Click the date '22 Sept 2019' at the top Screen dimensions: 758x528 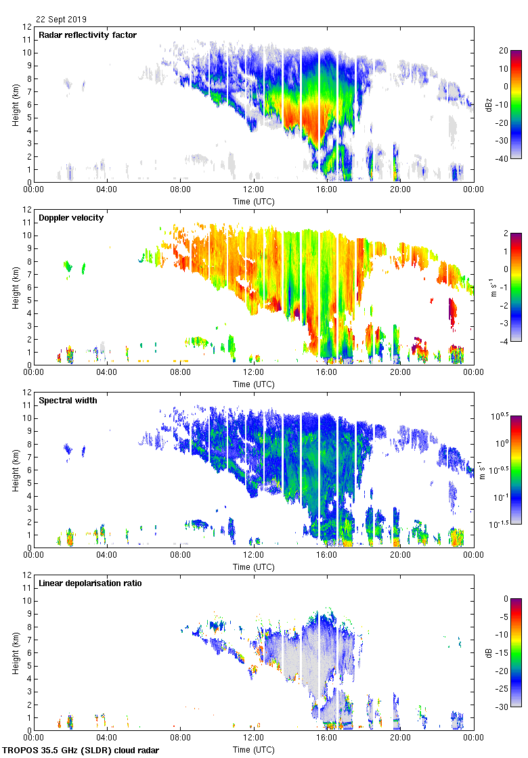click(62, 20)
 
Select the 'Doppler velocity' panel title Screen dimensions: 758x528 click(68, 218)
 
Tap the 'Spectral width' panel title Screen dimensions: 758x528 click(68, 401)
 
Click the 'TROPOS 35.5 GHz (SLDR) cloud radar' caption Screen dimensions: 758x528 click(81, 751)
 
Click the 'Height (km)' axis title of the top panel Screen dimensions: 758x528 click(16, 105)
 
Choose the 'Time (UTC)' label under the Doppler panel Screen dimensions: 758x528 click(254, 384)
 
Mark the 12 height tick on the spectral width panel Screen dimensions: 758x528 click(27, 393)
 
